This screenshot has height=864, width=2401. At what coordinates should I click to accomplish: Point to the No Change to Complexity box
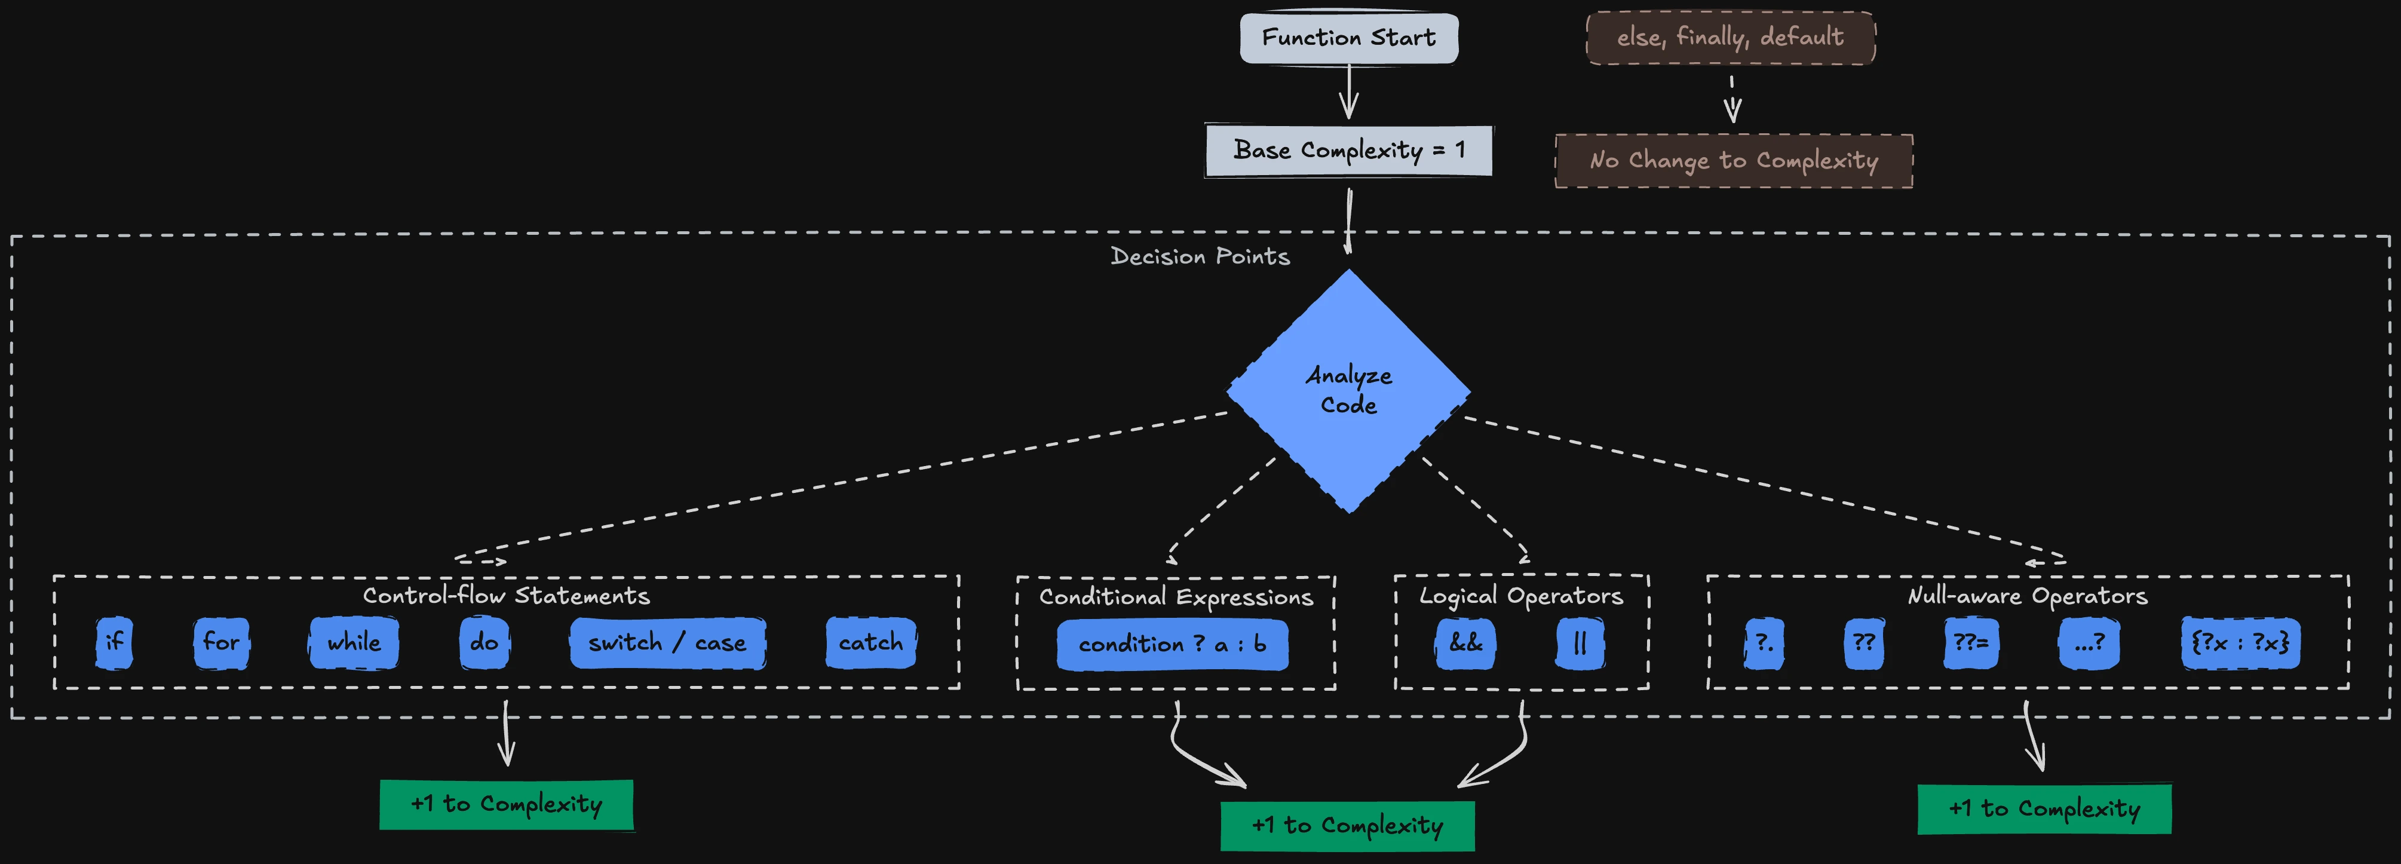pyautogui.click(x=1734, y=160)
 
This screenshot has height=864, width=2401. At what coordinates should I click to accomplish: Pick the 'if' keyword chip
pyautogui.click(x=114, y=642)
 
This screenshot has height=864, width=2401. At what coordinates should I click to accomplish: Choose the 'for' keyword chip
pyautogui.click(x=221, y=642)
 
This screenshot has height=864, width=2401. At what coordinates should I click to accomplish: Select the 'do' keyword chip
pyautogui.click(x=484, y=642)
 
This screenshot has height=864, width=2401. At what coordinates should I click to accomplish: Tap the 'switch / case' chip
pyautogui.click(x=667, y=643)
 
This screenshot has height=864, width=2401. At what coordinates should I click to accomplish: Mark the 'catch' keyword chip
pyautogui.click(x=870, y=642)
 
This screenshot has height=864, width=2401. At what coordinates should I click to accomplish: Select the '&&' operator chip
pyautogui.click(x=1465, y=643)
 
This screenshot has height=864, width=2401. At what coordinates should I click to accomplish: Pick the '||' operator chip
pyautogui.click(x=1579, y=643)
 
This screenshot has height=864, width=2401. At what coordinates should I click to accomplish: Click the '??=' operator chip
pyautogui.click(x=1970, y=643)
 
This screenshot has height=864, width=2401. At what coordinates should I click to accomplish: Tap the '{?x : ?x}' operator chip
pyautogui.click(x=2240, y=643)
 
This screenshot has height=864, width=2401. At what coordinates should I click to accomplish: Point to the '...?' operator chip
pyautogui.click(x=2088, y=643)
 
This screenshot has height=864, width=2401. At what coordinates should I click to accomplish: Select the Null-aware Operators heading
pyautogui.click(x=2027, y=596)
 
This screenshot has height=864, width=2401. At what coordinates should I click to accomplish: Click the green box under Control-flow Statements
pyautogui.click(x=506, y=804)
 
